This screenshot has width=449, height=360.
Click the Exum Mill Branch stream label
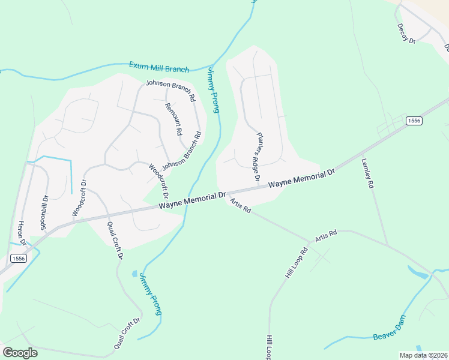point(159,67)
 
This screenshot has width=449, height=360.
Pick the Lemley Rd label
point(367,173)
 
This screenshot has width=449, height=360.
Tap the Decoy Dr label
point(406,33)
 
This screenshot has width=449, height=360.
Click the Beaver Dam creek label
point(390,329)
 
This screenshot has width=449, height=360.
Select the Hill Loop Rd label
point(296,262)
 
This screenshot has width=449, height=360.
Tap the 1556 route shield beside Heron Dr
point(18,259)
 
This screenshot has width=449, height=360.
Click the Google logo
point(20,353)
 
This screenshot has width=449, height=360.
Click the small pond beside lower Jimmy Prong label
point(134,274)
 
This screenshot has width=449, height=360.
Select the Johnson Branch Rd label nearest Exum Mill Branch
point(170,89)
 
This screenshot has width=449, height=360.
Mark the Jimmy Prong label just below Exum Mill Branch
point(213,90)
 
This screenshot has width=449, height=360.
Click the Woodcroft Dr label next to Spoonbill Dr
point(79,199)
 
